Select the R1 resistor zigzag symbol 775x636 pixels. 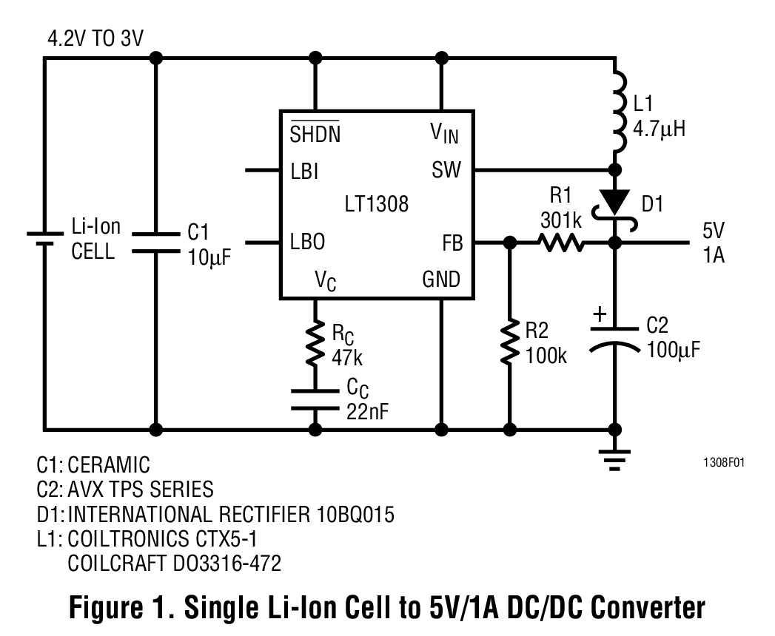[x=560, y=242]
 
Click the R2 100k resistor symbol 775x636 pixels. [x=509, y=342]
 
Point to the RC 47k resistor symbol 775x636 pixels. [x=316, y=342]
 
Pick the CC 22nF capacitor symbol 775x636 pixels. [x=316, y=399]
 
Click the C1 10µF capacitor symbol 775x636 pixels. [x=156, y=241]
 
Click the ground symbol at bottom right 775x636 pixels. [x=614, y=459]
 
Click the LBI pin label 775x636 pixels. [x=304, y=171]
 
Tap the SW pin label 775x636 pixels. [x=446, y=171]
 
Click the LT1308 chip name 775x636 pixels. [x=376, y=204]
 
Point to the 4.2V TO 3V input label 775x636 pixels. [x=95, y=38]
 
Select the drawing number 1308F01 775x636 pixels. [x=723, y=463]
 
